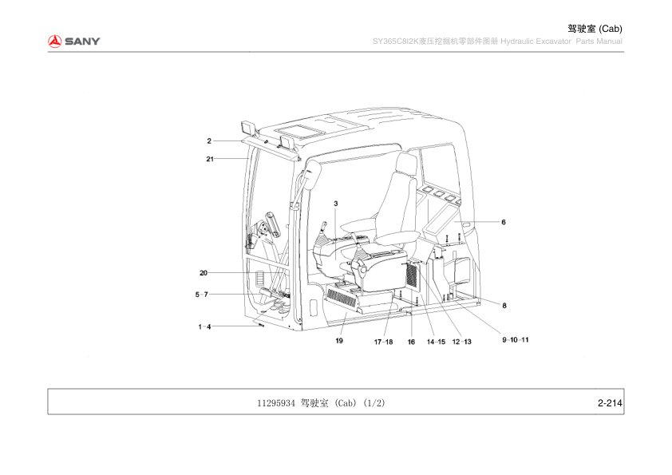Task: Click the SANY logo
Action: coord(73,42)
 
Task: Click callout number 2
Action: coord(209,141)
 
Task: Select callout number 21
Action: coord(210,159)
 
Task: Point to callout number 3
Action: coord(335,204)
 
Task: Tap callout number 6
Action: coord(504,222)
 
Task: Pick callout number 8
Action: coord(504,306)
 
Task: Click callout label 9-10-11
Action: coord(516,340)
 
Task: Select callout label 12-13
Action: coord(461,342)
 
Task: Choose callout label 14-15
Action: coord(436,342)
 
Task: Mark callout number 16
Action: coord(411,342)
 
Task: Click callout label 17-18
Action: coord(383,342)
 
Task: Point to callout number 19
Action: coord(339,341)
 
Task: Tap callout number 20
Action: coord(204,273)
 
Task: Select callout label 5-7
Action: coord(202,295)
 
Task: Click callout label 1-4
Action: coord(204,327)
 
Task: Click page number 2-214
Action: coord(610,403)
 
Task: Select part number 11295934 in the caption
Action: coord(276,403)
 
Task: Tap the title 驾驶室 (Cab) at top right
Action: coord(595,29)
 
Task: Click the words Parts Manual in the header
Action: coord(599,42)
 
